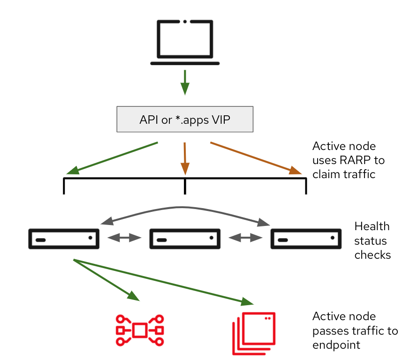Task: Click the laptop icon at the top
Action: coord(185,42)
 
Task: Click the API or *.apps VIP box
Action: coord(185,120)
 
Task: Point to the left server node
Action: coord(64,239)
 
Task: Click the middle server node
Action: coord(185,239)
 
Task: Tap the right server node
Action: coord(306,239)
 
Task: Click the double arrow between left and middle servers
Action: coord(124,238)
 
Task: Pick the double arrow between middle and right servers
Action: coord(245,238)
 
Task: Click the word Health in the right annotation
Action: coord(372,226)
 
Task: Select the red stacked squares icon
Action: coord(253,333)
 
